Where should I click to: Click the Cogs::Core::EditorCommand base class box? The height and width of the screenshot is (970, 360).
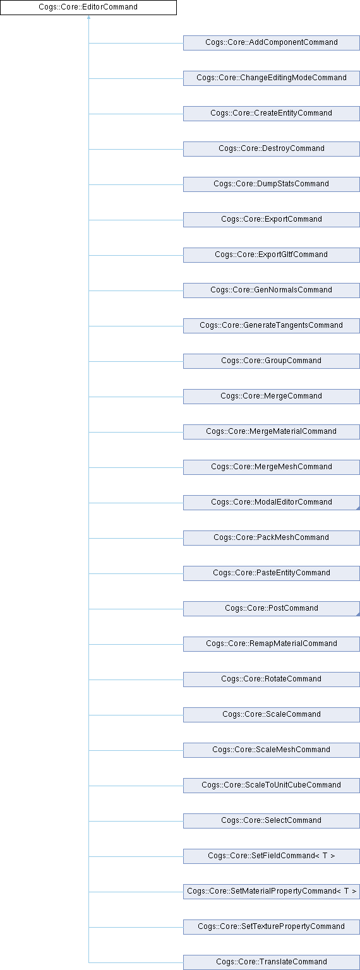click(88, 8)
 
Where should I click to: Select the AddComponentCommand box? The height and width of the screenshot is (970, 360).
click(271, 43)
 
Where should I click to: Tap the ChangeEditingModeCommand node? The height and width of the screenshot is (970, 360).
click(271, 78)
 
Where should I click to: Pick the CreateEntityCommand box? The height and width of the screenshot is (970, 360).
click(271, 114)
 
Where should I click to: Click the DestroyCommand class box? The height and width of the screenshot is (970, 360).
click(271, 149)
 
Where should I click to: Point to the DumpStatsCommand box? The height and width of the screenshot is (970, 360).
click(271, 184)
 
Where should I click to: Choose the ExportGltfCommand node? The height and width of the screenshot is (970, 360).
click(271, 255)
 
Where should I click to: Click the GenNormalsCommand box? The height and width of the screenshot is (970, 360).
click(271, 290)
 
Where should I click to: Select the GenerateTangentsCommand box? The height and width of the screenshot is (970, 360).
click(271, 326)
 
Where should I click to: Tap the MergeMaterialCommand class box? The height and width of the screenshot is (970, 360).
click(271, 432)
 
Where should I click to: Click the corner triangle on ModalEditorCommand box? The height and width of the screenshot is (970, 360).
click(358, 508)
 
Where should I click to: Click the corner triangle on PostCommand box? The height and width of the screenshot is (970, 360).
click(358, 614)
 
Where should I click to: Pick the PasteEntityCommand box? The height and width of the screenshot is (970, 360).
click(271, 573)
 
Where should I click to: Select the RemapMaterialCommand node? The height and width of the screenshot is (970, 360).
click(271, 644)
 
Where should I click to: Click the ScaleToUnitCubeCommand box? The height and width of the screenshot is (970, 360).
click(271, 786)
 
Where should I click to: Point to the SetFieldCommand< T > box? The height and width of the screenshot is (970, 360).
click(271, 856)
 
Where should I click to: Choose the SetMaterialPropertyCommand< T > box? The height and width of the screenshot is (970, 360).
click(271, 892)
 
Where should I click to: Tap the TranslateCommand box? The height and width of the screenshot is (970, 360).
click(271, 962)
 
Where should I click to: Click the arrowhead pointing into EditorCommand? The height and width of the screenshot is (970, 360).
click(89, 17)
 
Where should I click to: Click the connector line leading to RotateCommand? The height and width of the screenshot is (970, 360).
click(136, 680)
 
